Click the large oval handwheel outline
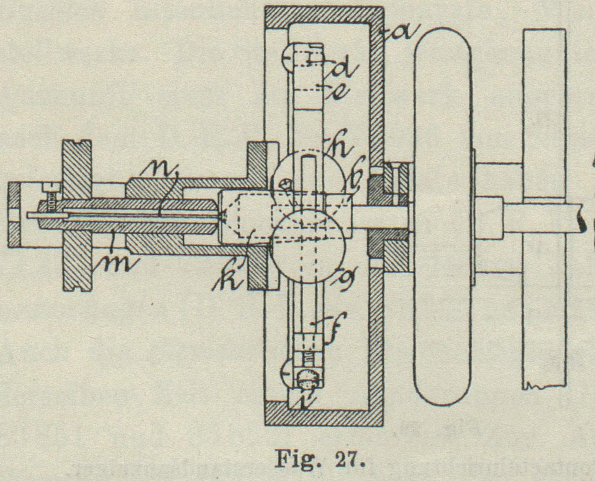(x=442, y=217)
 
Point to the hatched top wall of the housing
(x=324, y=15)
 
